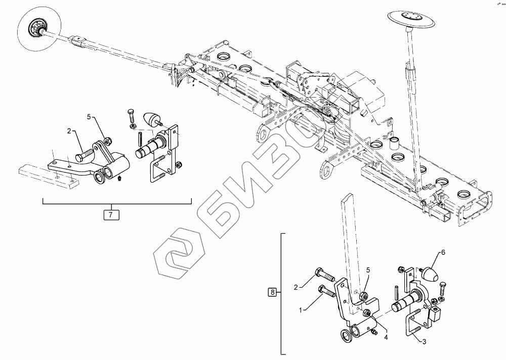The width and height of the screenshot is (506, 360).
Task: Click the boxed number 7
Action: pyautogui.click(x=111, y=214)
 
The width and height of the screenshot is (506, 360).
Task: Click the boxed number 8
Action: pyautogui.click(x=273, y=292)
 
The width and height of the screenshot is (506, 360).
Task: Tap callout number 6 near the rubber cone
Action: pyautogui.click(x=443, y=252)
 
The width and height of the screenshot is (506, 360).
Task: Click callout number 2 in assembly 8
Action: pyautogui.click(x=298, y=287)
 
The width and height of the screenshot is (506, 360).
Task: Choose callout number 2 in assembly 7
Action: pyautogui.click(x=68, y=131)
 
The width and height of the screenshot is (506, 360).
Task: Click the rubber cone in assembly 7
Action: pyautogui.click(x=152, y=120)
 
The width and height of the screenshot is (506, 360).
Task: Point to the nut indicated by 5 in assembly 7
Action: pyautogui.click(x=106, y=140)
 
